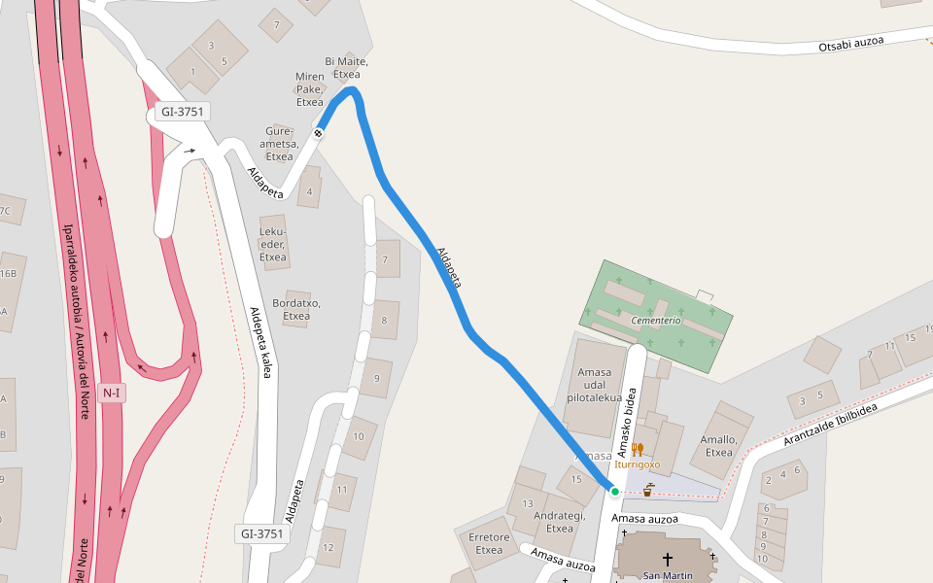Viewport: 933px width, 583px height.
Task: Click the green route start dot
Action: tap(615, 492)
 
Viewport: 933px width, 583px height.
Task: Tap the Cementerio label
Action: tap(656, 321)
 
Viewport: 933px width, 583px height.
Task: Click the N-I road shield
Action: tap(111, 393)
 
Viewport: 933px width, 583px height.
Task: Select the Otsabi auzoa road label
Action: tap(850, 45)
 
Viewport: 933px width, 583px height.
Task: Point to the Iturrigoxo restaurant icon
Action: tap(638, 449)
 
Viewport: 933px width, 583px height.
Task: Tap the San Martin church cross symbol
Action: tap(668, 559)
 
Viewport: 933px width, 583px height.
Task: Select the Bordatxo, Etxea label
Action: tap(296, 309)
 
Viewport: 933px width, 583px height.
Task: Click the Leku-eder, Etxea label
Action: tap(273, 244)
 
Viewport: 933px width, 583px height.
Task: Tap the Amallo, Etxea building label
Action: tap(719, 445)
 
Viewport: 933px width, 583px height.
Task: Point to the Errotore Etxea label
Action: tap(489, 543)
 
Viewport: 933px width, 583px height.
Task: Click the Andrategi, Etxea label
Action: tap(559, 522)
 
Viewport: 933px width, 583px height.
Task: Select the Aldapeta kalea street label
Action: tap(260, 342)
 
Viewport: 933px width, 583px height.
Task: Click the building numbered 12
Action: tap(328, 547)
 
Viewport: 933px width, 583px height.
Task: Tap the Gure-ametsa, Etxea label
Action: tap(279, 143)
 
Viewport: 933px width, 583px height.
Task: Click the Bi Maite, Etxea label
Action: tap(346, 68)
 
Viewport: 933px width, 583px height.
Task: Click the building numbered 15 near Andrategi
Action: tap(575, 479)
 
